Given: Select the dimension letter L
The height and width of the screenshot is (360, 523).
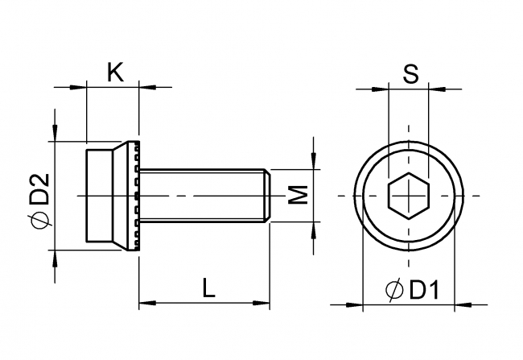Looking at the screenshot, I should coord(208,288).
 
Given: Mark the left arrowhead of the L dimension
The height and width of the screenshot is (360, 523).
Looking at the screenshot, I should coord(146,304).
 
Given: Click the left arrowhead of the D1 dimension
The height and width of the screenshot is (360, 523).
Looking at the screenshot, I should coord(355,304).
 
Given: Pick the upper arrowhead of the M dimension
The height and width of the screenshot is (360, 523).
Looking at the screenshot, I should coord(314,163).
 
